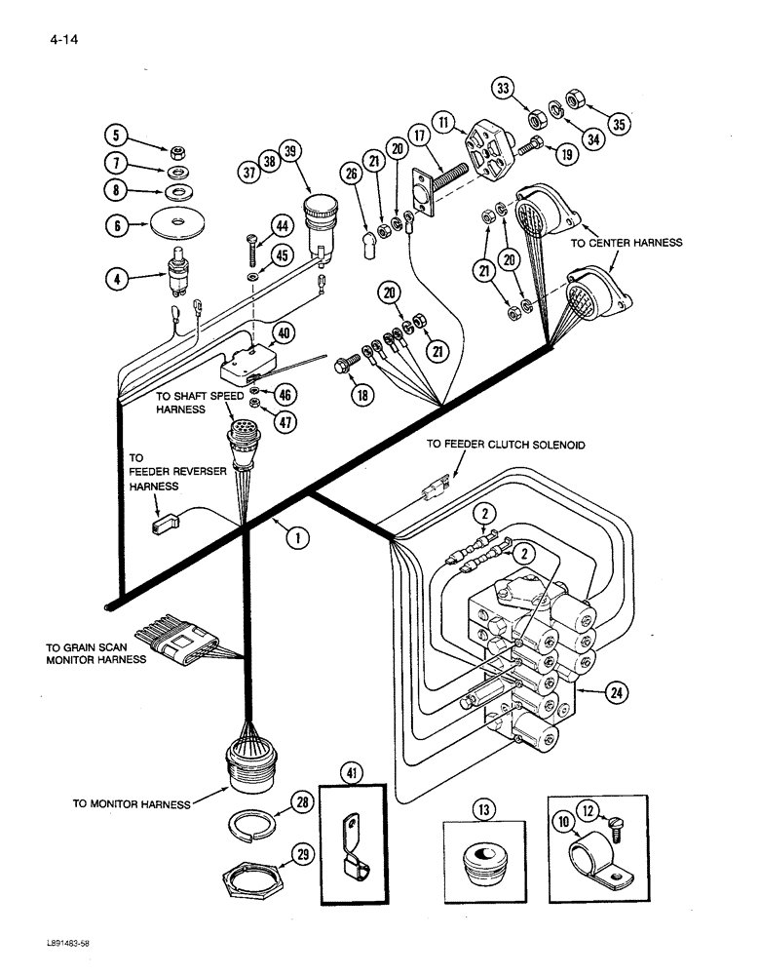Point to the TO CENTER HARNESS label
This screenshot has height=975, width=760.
tap(627, 243)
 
